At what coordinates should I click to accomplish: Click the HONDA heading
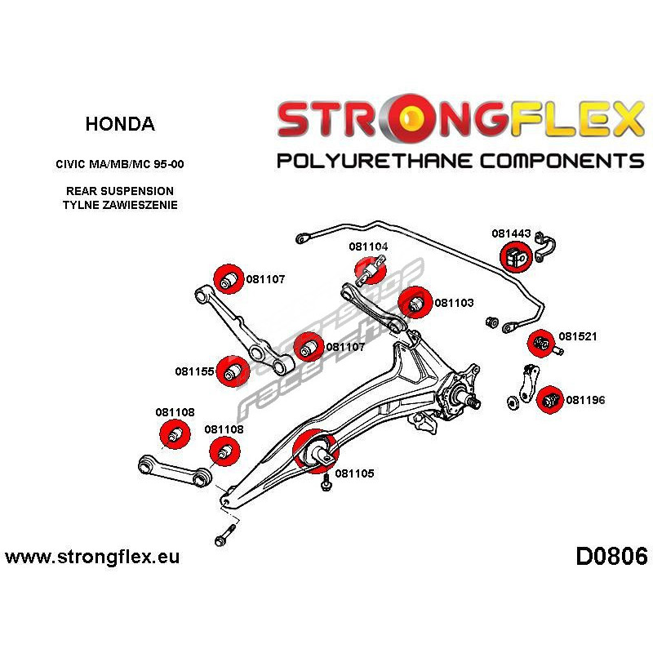point(119,125)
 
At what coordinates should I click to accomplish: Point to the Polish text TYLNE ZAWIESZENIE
point(119,205)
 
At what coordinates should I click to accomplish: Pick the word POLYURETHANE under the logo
point(379,160)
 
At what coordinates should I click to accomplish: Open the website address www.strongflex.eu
point(91,557)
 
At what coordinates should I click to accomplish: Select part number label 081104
point(368,247)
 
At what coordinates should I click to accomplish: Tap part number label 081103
point(454,302)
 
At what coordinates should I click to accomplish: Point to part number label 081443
point(511,233)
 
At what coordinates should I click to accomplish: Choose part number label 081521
point(578,336)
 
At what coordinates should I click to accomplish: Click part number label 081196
point(585,400)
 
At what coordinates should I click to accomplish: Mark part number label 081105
point(354,473)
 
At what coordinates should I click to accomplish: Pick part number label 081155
point(194,371)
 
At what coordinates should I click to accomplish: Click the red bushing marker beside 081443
point(516,257)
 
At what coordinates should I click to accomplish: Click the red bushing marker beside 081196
point(551,399)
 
